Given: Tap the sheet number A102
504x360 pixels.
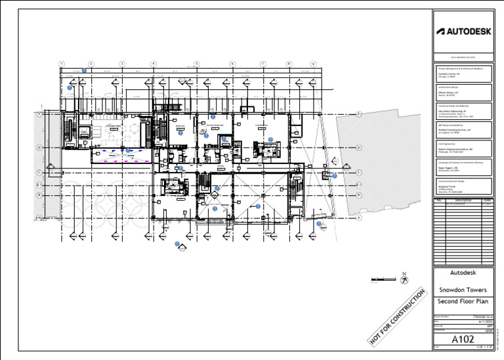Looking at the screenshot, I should pos(462,340).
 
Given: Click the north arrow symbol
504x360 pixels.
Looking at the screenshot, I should pos(405,278).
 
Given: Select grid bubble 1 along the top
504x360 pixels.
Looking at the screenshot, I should pos(61,64).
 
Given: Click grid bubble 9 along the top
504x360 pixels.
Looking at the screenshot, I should pos(314,64).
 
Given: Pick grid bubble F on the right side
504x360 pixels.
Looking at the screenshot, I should pos(359,114).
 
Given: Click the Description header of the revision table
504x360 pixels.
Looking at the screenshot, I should pos(463,200).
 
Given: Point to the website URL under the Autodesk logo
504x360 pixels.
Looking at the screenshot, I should pos(462,58).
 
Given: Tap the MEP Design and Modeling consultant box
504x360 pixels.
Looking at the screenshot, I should pos(463,129).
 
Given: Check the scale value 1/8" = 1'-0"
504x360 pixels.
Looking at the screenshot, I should pos(482,347).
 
